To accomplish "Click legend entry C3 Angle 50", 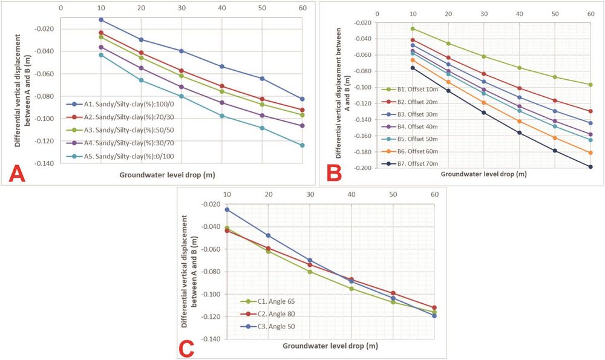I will (x=272, y=326).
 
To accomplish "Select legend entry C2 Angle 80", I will (x=272, y=313).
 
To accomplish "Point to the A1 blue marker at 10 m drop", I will (x=101, y=20).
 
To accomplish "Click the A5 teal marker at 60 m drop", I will (x=302, y=145).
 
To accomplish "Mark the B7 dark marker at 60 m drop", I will (x=590, y=167).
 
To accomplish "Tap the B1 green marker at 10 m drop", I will (x=413, y=28).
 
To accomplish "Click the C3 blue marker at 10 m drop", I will (x=227, y=209).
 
